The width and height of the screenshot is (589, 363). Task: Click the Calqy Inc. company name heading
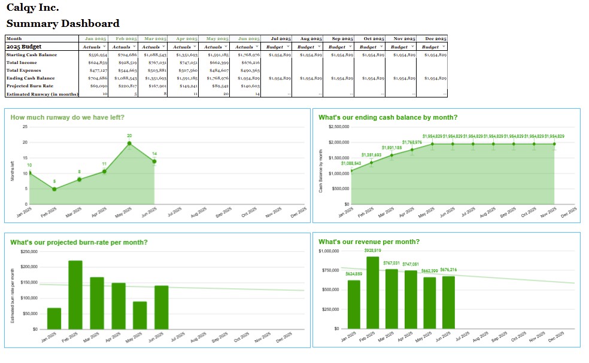[32, 8]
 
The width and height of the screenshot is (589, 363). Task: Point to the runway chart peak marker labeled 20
[129, 143]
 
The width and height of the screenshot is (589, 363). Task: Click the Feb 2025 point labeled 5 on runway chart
[54, 189]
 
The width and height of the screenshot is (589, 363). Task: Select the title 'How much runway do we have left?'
[68, 118]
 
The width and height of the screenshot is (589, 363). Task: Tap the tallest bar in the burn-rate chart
[75, 294]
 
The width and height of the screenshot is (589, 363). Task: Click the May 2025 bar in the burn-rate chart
[140, 315]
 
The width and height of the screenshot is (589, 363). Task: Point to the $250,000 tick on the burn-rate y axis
[29, 251]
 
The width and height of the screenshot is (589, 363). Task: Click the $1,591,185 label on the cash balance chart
[391, 147]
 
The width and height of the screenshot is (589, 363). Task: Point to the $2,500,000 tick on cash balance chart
[339, 127]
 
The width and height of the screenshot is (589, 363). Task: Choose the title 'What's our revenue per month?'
[369, 242]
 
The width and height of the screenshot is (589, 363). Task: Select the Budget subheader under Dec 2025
[430, 47]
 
